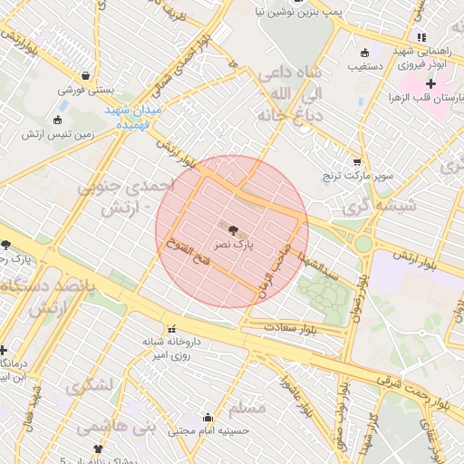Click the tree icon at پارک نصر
tap(232, 231)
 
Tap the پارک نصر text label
tap(233, 245)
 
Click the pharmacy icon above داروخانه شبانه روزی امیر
tap(170, 327)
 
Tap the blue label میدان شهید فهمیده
tap(132, 115)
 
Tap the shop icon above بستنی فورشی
tap(84, 76)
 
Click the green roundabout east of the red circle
tap(363, 243)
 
